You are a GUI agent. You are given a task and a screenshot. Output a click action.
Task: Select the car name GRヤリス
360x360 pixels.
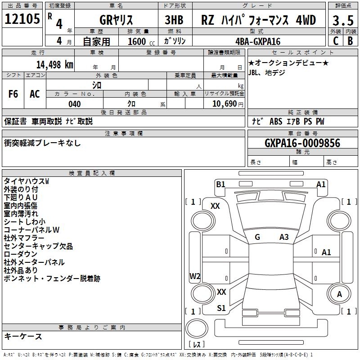click(116, 20)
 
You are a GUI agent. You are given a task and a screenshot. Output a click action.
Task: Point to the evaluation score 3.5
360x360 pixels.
click(342, 20)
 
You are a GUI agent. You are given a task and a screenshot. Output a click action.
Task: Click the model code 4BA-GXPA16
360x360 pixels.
click(258, 41)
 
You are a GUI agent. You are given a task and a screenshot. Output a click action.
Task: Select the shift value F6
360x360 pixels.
click(13, 94)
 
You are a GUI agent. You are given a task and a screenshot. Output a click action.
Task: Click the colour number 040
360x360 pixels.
click(74, 104)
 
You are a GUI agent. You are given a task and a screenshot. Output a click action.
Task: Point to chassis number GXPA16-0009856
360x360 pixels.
click(302, 143)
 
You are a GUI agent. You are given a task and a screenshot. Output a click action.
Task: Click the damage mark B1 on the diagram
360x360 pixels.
click(220, 184)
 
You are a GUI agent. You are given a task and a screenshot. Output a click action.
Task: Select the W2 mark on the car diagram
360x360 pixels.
click(195, 276)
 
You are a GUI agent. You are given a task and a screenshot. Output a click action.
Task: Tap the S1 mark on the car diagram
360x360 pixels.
click(221, 308)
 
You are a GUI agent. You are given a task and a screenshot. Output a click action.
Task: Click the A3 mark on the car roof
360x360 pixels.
click(284, 237)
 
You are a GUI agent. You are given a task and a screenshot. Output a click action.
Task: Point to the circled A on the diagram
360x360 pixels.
click(339, 294)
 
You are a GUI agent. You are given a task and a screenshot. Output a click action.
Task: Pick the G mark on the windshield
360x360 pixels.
click(257, 237)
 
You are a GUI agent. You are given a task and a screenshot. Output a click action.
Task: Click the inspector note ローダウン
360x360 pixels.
click(21, 254)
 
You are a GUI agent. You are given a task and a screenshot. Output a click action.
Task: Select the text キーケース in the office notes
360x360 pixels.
click(23, 336)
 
